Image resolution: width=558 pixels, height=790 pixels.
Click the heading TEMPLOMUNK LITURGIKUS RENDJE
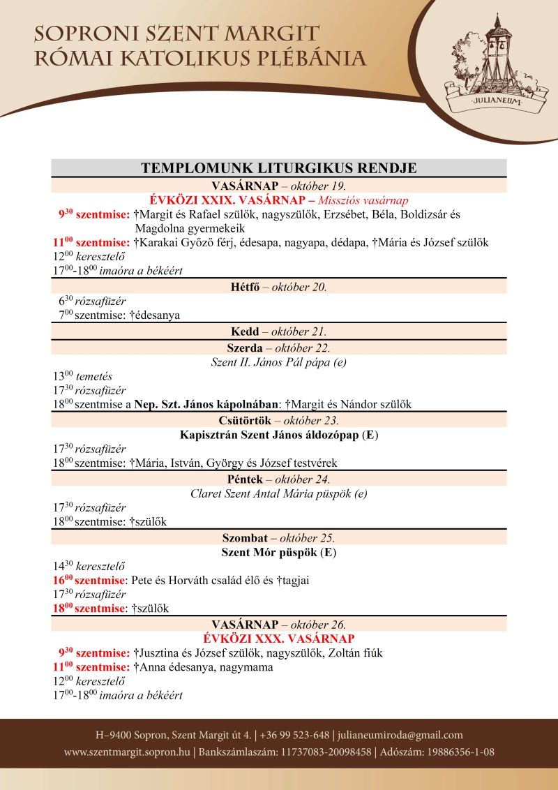point(279,168)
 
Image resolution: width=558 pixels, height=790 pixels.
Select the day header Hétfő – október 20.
point(279,287)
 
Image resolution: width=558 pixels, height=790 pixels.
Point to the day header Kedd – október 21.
point(279,331)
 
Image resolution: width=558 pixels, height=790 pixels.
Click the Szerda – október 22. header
point(279,348)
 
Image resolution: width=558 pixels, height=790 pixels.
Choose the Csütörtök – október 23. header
point(279,420)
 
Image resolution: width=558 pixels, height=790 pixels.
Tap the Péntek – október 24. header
point(279,479)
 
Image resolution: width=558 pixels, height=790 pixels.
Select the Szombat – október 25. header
point(279,538)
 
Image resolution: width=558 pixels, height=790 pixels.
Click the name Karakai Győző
point(173,243)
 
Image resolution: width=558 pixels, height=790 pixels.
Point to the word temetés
point(98,375)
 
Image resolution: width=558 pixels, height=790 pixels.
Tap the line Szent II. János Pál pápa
point(279,362)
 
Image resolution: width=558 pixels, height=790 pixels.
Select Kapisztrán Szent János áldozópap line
point(279,435)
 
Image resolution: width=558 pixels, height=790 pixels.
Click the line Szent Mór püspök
point(279,553)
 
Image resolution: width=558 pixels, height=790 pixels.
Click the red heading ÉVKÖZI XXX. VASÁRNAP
point(279,639)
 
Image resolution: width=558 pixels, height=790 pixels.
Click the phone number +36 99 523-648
point(295,735)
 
